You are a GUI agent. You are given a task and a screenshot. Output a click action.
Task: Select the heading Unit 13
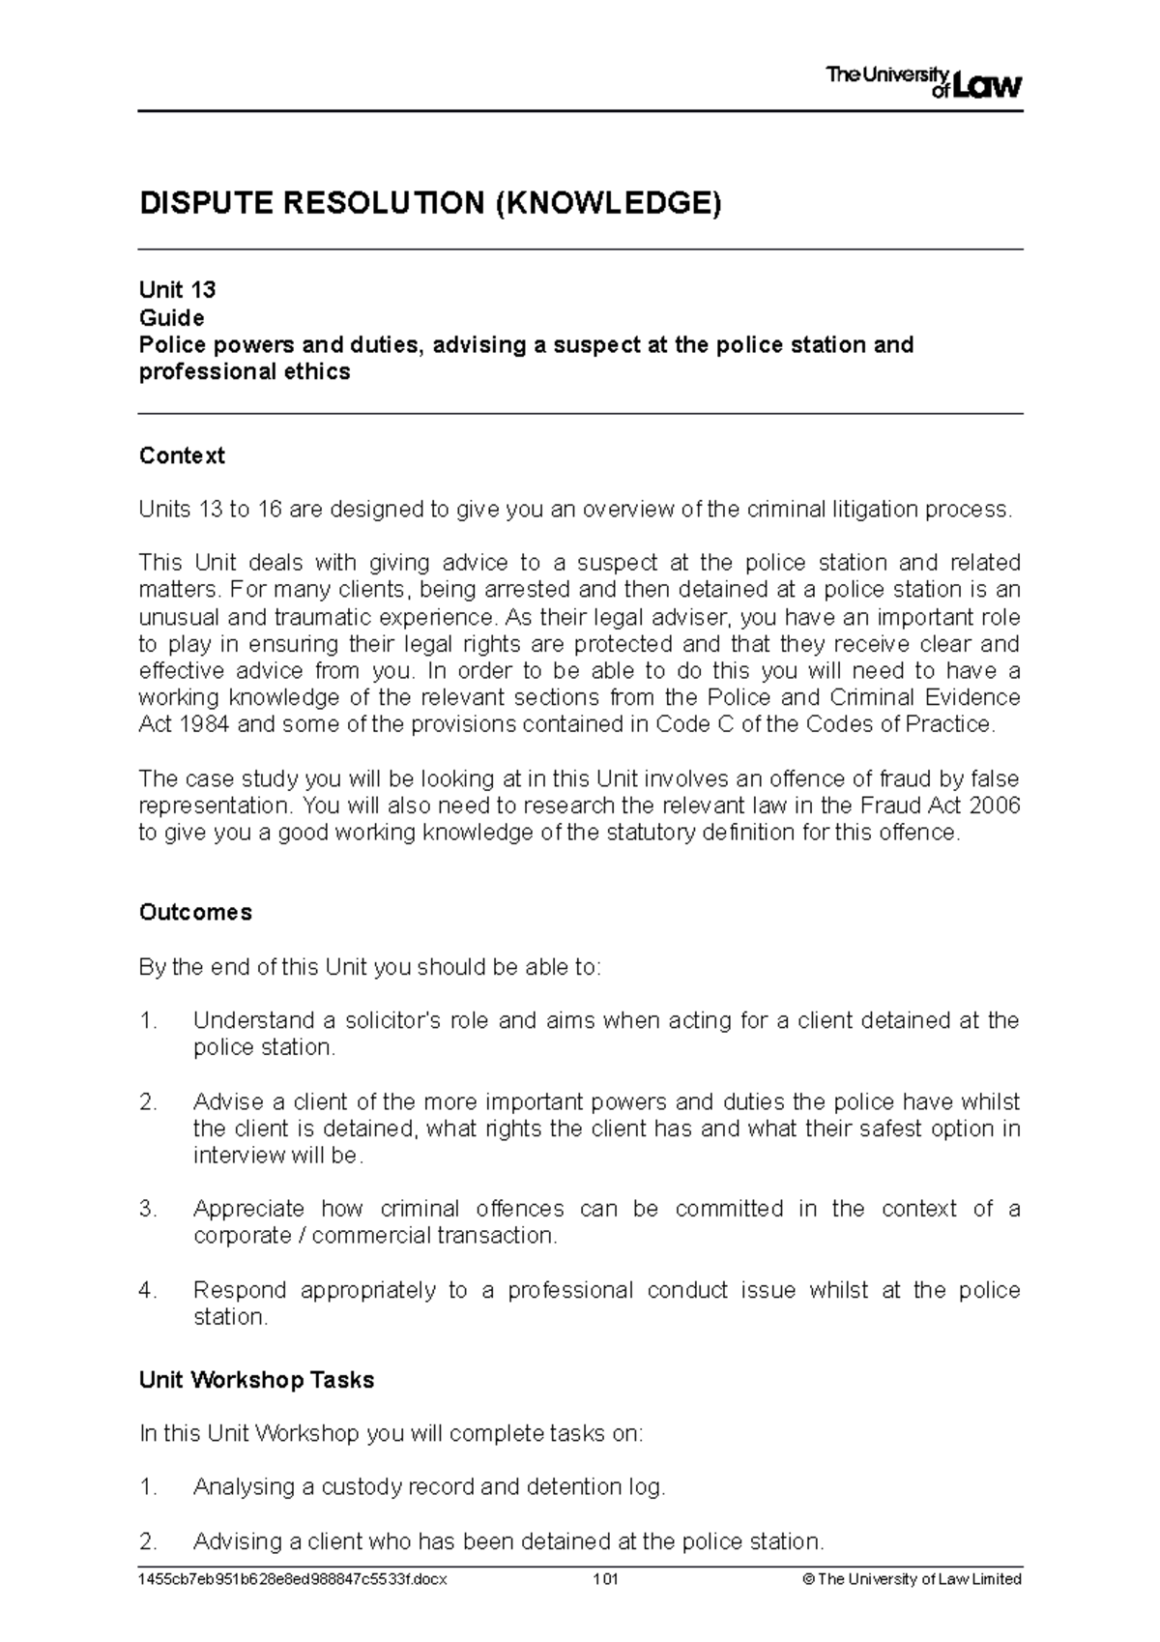[177, 290]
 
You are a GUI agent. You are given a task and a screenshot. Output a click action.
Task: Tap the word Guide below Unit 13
[171, 317]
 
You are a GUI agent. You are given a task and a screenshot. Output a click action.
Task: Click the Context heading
[182, 455]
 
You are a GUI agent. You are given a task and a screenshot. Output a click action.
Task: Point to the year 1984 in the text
[202, 724]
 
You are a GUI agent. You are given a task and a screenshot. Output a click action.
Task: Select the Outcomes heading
[195, 912]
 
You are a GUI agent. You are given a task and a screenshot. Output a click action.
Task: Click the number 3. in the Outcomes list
[147, 1209]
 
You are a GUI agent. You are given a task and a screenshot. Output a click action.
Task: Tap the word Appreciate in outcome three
[248, 1209]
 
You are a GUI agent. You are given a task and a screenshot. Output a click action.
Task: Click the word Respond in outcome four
[239, 1290]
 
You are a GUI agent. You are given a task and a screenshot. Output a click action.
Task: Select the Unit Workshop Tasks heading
[256, 1380]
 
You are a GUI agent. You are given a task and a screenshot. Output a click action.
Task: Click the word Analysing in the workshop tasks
[240, 1486]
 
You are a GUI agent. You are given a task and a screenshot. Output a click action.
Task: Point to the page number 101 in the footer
[606, 1579]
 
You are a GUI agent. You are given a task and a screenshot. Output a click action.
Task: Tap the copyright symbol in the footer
[808, 1579]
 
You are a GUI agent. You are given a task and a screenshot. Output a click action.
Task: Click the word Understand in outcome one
[251, 1020]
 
